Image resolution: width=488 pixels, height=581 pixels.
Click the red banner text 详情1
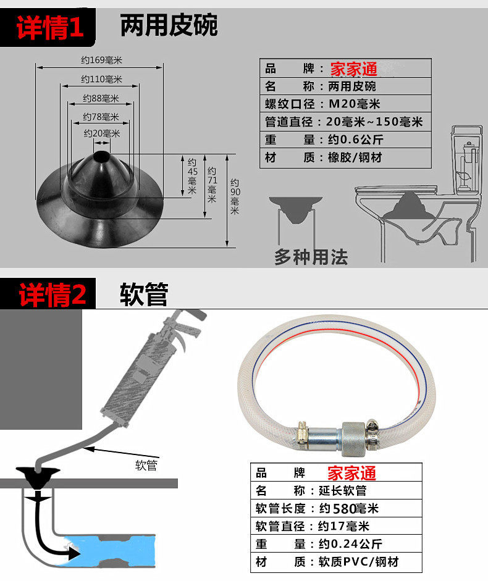pos(50,27)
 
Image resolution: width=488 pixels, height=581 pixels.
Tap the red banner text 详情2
pos(53,295)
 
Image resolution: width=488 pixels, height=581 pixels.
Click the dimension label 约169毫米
pos(101,60)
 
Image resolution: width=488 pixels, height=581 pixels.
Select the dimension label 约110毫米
pos(101,79)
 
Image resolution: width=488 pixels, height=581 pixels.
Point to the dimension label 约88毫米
pos(101,98)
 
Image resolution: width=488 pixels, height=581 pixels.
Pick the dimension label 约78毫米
pos(101,117)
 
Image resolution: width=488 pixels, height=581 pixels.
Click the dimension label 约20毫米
pos(101,133)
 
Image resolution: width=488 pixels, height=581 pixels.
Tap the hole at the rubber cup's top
pos(101,156)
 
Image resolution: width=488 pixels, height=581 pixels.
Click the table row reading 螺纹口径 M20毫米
pos(345,104)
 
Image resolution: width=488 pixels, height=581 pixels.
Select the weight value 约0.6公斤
pos(356,140)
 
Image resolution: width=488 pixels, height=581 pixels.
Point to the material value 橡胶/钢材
pos(355,157)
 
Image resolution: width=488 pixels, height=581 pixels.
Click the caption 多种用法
pos(311,257)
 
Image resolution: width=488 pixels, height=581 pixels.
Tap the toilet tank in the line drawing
pos(467,159)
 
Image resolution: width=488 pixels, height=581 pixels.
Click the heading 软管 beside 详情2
pos(144,294)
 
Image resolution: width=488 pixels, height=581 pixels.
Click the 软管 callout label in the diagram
pos(146,465)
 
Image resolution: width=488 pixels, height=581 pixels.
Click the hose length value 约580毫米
pos(348,508)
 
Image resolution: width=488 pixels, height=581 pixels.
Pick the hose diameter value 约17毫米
pos(343,526)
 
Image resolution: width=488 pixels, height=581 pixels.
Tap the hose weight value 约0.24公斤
pos(350,544)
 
